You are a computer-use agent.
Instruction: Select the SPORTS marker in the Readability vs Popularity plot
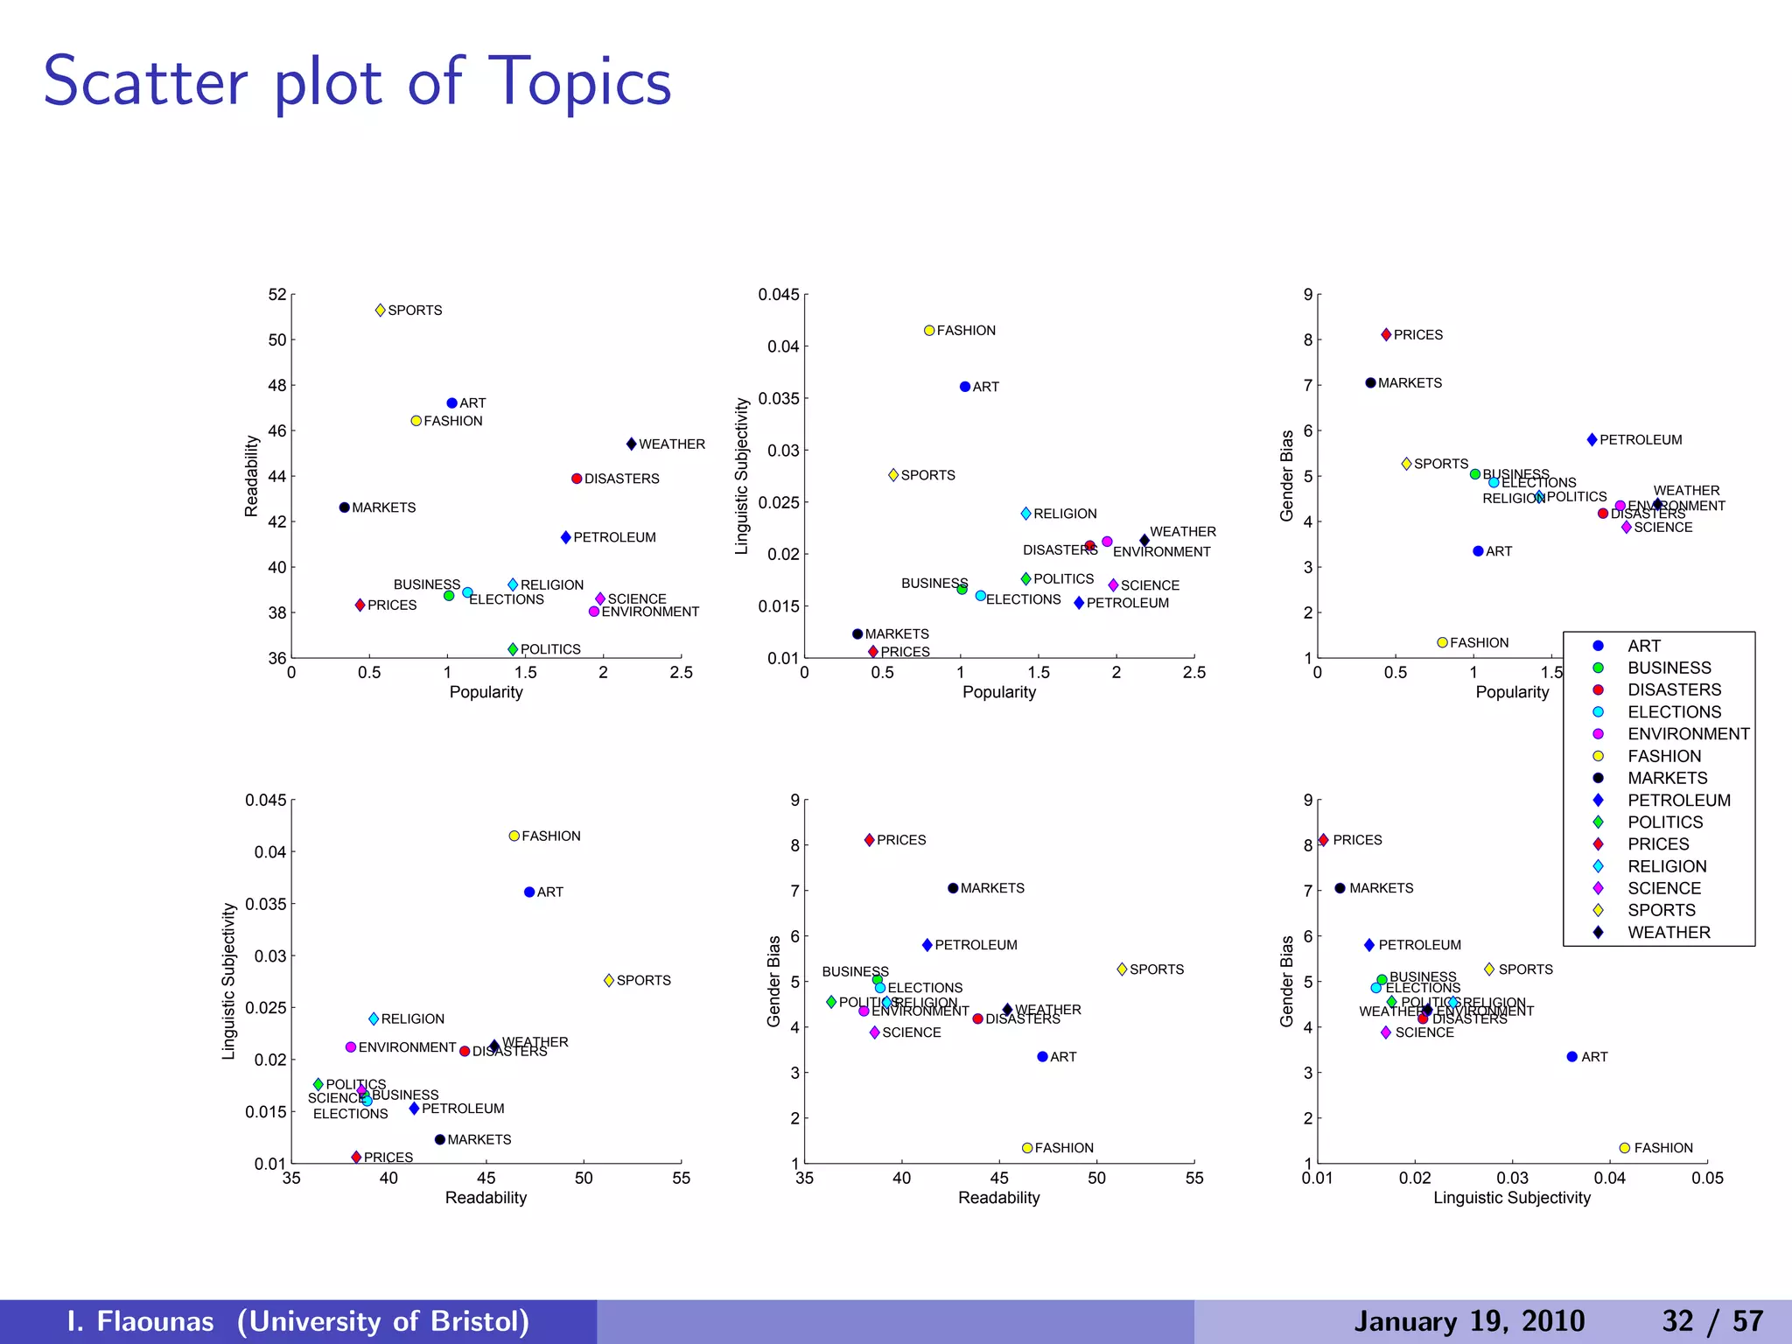[381, 311]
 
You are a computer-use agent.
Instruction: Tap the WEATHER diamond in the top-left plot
[632, 444]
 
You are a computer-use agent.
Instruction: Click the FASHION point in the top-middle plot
[929, 331]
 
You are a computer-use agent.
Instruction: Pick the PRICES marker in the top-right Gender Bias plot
[1386, 335]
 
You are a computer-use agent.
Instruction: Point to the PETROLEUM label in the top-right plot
[1641, 440]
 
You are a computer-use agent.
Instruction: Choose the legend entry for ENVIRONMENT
[1688, 734]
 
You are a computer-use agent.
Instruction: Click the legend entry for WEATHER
[1669, 933]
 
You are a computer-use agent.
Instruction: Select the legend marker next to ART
[1598, 646]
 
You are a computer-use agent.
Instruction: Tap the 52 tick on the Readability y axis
[277, 295]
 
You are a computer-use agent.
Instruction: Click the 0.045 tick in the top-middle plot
[779, 295]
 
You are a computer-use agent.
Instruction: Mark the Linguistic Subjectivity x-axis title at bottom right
[1511, 1198]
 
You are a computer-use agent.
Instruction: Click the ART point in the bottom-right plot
[1571, 1057]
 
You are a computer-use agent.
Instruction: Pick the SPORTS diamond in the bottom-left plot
[609, 981]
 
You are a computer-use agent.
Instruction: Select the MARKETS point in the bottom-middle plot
[953, 888]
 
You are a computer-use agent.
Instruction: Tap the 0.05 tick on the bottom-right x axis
[1707, 1179]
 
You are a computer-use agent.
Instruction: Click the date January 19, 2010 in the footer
[1469, 1321]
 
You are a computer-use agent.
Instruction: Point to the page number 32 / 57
[1712, 1321]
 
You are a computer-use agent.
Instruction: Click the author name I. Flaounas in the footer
[141, 1321]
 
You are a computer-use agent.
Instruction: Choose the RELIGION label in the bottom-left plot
[412, 1019]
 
